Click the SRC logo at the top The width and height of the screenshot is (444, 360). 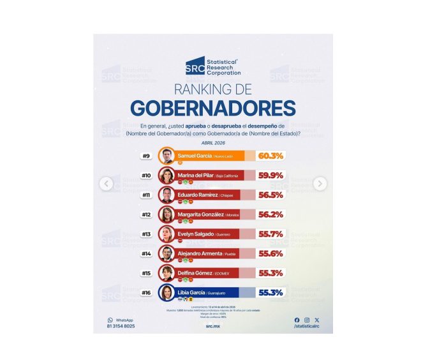click(195, 65)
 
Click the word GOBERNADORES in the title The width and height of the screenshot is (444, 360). click(213, 107)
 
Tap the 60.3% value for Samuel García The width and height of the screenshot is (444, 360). click(271, 156)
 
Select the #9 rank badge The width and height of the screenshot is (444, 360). click(146, 156)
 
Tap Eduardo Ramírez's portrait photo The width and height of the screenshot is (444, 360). click(166, 195)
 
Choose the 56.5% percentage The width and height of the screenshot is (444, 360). click(271, 195)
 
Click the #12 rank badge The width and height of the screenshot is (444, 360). click(146, 214)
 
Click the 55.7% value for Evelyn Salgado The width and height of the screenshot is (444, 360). click(271, 234)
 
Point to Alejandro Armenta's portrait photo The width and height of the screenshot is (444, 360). click(166, 253)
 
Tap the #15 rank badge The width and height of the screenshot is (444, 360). click(146, 273)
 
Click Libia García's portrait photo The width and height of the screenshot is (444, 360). click(166, 293)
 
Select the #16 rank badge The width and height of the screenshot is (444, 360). click(146, 293)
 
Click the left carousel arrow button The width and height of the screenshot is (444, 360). click(107, 184)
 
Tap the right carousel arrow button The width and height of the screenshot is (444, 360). click(320, 184)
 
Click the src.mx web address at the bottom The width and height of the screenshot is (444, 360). click(213, 325)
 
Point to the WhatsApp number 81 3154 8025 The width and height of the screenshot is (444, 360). click(121, 326)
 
